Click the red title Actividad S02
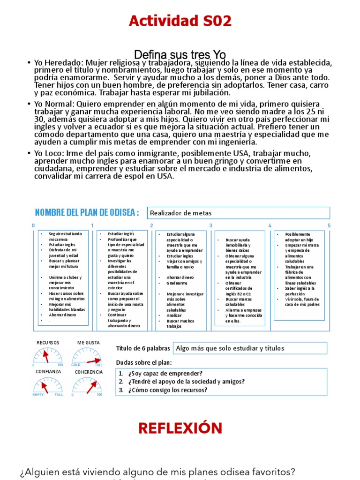[x=180, y=21]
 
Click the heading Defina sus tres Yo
[x=180, y=55]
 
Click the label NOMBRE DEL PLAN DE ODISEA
[x=87, y=213]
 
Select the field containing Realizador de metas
[x=238, y=213]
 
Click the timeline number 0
[x=33, y=225]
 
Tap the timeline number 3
[x=210, y=225]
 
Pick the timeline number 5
[x=329, y=225]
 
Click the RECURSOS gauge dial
[x=48, y=356]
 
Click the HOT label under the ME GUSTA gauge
[x=99, y=365]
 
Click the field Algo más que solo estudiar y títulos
[x=250, y=348]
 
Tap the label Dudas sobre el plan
[x=144, y=363]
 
